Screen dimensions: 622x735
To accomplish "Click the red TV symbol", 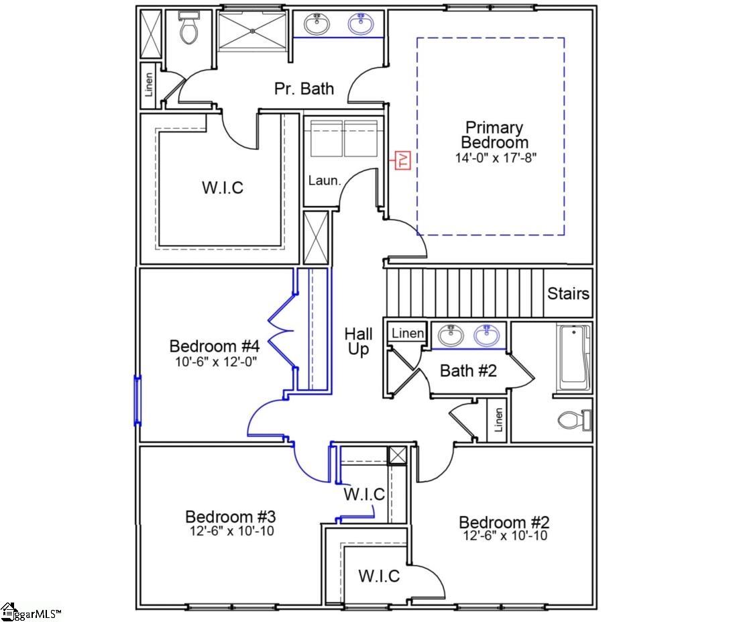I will pyautogui.click(x=403, y=159).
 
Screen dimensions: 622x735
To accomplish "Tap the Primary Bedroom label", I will pyautogui.click(x=494, y=135).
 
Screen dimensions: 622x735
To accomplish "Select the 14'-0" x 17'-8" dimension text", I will pyautogui.click(x=494, y=158).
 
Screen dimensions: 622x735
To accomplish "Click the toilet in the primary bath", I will pyautogui.click(x=190, y=30).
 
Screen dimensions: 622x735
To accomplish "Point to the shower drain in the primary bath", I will pyautogui.click(x=252, y=30).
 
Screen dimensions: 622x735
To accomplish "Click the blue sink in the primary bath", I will pyautogui.click(x=360, y=25).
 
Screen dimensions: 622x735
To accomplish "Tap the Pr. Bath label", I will pyautogui.click(x=304, y=89).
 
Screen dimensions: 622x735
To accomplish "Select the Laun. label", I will pyautogui.click(x=325, y=180).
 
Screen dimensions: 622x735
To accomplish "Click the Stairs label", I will pyautogui.click(x=568, y=293).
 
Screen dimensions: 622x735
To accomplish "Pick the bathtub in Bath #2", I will pyautogui.click(x=574, y=358).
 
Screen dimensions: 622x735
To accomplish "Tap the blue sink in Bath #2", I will pyautogui.click(x=488, y=335).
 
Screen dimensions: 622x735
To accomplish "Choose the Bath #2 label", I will pyautogui.click(x=468, y=370).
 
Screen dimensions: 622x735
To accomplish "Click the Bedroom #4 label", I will pyautogui.click(x=214, y=346).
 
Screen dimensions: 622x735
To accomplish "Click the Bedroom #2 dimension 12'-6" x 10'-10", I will pyautogui.click(x=504, y=536).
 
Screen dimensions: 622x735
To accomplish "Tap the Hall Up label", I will pyautogui.click(x=358, y=342).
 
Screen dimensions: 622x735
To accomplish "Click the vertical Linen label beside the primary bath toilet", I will pyautogui.click(x=149, y=85).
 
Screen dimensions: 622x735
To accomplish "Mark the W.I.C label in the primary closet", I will pyautogui.click(x=223, y=188).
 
